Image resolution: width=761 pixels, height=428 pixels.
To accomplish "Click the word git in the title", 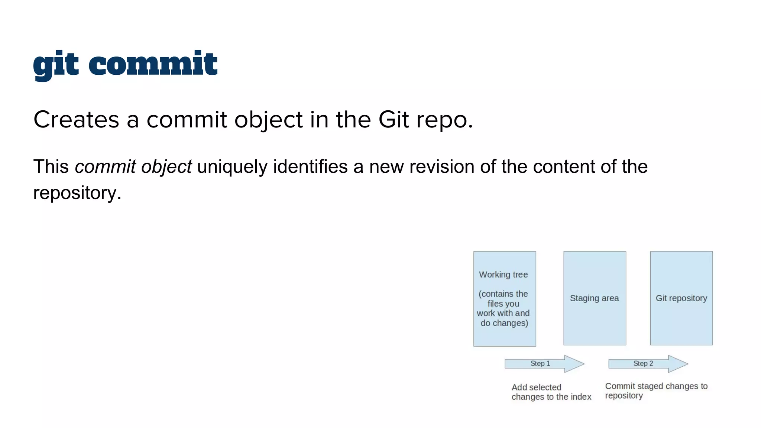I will click(x=56, y=65).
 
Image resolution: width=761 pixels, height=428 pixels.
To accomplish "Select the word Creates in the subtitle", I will click(x=76, y=120).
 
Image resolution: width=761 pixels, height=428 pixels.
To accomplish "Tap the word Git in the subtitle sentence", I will click(x=394, y=120).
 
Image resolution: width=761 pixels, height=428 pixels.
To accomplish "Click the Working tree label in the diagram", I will click(x=503, y=275).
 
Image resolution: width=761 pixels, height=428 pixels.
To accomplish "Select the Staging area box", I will click(x=595, y=298).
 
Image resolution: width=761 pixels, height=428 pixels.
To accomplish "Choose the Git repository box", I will click(x=681, y=298).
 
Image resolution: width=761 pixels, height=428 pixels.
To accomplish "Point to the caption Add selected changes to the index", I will click(x=551, y=392).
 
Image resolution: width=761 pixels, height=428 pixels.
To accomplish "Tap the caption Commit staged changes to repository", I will click(x=656, y=390).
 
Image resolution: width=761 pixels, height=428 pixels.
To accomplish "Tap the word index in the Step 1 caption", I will click(x=582, y=397).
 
